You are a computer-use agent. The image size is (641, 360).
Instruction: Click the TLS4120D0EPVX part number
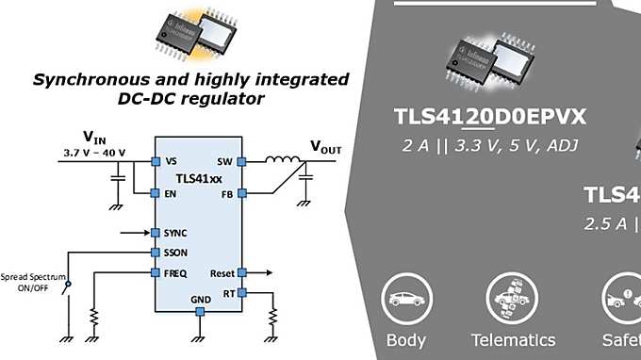pos(490,117)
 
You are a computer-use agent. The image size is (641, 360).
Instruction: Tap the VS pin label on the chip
pos(171,161)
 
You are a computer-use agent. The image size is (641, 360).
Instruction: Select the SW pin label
pos(224,161)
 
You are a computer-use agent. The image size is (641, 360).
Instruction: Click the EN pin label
pos(171,193)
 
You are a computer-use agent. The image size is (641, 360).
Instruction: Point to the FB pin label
pos(226,193)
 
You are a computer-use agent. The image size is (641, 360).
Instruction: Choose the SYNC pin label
pos(175,232)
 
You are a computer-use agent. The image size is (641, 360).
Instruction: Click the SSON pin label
pos(175,252)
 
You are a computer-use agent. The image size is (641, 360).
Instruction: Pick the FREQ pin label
pos(175,272)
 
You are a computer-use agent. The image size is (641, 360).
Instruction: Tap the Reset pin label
pos(221,272)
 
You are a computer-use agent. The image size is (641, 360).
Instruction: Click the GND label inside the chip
pos(201,301)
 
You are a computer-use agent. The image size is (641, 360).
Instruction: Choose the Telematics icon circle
pos(513,300)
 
